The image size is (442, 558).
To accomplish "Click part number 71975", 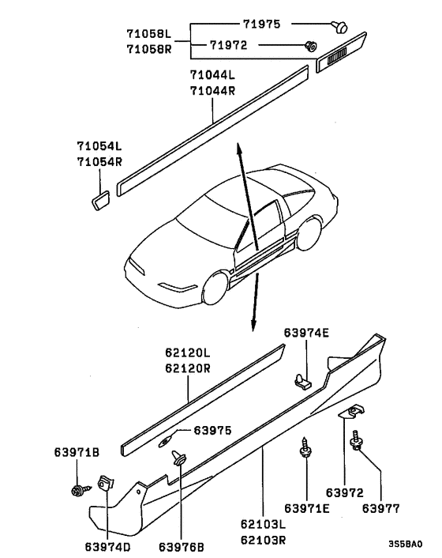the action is (x=261, y=24).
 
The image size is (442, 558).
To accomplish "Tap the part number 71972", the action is (x=228, y=45).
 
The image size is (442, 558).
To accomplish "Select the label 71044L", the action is (x=212, y=75).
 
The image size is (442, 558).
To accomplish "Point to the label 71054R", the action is (x=99, y=162).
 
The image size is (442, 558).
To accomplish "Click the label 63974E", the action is (x=306, y=333).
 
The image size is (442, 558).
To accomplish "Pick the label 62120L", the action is (x=188, y=353).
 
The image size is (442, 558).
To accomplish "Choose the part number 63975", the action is (x=212, y=431).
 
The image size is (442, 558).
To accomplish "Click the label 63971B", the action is (x=77, y=452).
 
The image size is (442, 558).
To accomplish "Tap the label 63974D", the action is (x=107, y=547).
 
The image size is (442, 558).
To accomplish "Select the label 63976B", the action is (x=182, y=547).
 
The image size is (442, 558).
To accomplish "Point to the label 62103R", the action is (x=264, y=540).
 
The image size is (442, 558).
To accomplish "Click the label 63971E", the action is (x=306, y=508).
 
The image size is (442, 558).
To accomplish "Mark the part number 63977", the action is (x=381, y=508).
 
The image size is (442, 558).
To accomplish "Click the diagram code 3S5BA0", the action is (x=406, y=544).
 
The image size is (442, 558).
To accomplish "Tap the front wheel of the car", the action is (x=215, y=288).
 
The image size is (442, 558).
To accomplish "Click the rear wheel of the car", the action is (x=309, y=233).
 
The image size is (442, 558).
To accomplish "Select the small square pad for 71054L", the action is (x=100, y=201).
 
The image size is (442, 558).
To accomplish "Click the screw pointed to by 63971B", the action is (x=81, y=491).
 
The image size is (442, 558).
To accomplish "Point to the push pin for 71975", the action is (x=339, y=27).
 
